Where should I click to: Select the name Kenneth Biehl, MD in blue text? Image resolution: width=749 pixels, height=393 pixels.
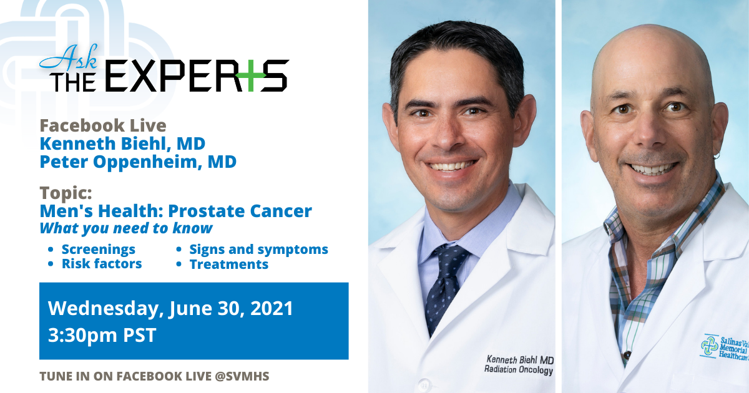pos(122,143)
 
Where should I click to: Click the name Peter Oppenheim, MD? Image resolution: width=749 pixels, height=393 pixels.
pos(138,162)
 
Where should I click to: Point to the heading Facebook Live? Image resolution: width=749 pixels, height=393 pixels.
pos(103,125)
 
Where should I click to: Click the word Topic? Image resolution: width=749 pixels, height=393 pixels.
pos(66,193)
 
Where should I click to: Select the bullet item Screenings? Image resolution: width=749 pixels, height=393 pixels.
pos(99,250)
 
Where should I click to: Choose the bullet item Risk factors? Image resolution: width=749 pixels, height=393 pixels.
pos(102,264)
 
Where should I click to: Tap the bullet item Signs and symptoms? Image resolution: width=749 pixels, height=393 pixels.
pos(258,250)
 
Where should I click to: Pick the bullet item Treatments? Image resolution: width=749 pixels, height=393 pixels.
pos(229,264)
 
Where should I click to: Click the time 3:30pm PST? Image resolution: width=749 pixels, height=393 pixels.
pos(102,335)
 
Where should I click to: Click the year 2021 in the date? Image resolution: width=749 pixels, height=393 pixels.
pos(272,308)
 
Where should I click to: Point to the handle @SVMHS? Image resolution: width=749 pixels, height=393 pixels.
pos(242,376)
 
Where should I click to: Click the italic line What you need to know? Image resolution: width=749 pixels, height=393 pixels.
pos(126,228)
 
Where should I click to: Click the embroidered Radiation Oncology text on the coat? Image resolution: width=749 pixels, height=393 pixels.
pos(519,369)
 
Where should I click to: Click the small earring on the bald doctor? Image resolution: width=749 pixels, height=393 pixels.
pos(717,155)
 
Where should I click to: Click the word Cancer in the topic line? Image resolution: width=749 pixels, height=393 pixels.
pos(281,211)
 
